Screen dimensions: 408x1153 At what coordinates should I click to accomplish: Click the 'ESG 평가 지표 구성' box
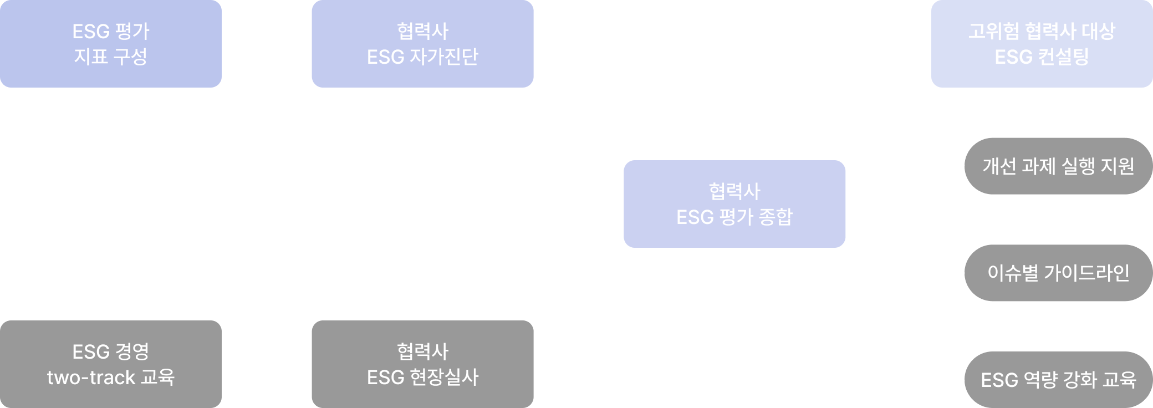pos(111,44)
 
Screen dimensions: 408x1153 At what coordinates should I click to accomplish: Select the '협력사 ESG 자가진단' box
pos(422,44)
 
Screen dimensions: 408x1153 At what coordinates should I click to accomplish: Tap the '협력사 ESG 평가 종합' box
pos(734,204)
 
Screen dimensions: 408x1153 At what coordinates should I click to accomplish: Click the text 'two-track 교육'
pos(111,378)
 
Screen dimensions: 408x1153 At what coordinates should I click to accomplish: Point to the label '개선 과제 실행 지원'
pos(1058,166)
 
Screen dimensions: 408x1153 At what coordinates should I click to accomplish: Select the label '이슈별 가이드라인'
pos(1058,273)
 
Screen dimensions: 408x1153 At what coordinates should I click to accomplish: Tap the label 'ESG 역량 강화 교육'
pos(1058,380)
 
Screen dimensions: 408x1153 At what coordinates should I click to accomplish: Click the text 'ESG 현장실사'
pos(422,378)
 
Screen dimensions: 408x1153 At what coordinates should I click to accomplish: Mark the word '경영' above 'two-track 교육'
pos(132,351)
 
